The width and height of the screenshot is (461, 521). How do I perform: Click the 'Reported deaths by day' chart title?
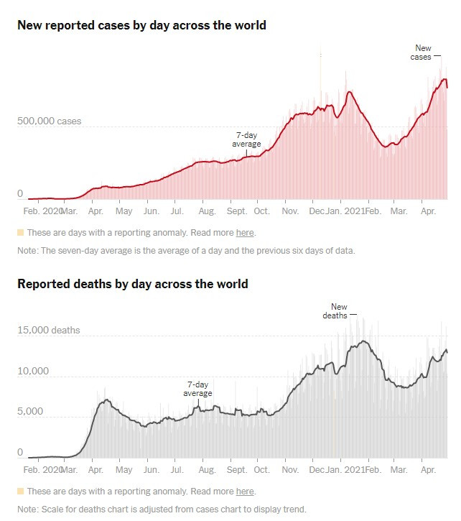tap(133, 284)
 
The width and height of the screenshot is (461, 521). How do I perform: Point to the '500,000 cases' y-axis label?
tap(50, 121)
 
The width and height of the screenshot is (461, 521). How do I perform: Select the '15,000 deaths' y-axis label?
tap(49, 331)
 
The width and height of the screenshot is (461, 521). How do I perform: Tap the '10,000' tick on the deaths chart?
tap(33, 372)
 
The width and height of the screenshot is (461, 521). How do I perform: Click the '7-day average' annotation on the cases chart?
tap(246, 139)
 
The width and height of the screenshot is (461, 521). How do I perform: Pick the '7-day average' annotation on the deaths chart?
tap(197, 389)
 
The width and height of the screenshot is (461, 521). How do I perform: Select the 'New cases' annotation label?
tap(422, 52)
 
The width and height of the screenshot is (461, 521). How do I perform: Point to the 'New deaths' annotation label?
tap(339, 310)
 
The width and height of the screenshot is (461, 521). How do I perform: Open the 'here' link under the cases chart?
tap(245, 232)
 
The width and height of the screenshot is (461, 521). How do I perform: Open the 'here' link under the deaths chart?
tap(245, 492)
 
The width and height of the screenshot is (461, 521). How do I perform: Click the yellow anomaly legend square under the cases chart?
tap(21, 232)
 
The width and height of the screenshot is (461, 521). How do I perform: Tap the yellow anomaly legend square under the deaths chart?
tap(21, 492)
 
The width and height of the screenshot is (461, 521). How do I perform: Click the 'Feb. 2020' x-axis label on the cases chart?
tap(43, 211)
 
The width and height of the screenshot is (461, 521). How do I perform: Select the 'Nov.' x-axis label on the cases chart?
tap(290, 211)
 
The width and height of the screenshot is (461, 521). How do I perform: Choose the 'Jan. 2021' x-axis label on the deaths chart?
tap(346, 470)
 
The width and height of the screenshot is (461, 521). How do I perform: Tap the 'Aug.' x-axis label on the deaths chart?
tap(206, 470)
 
